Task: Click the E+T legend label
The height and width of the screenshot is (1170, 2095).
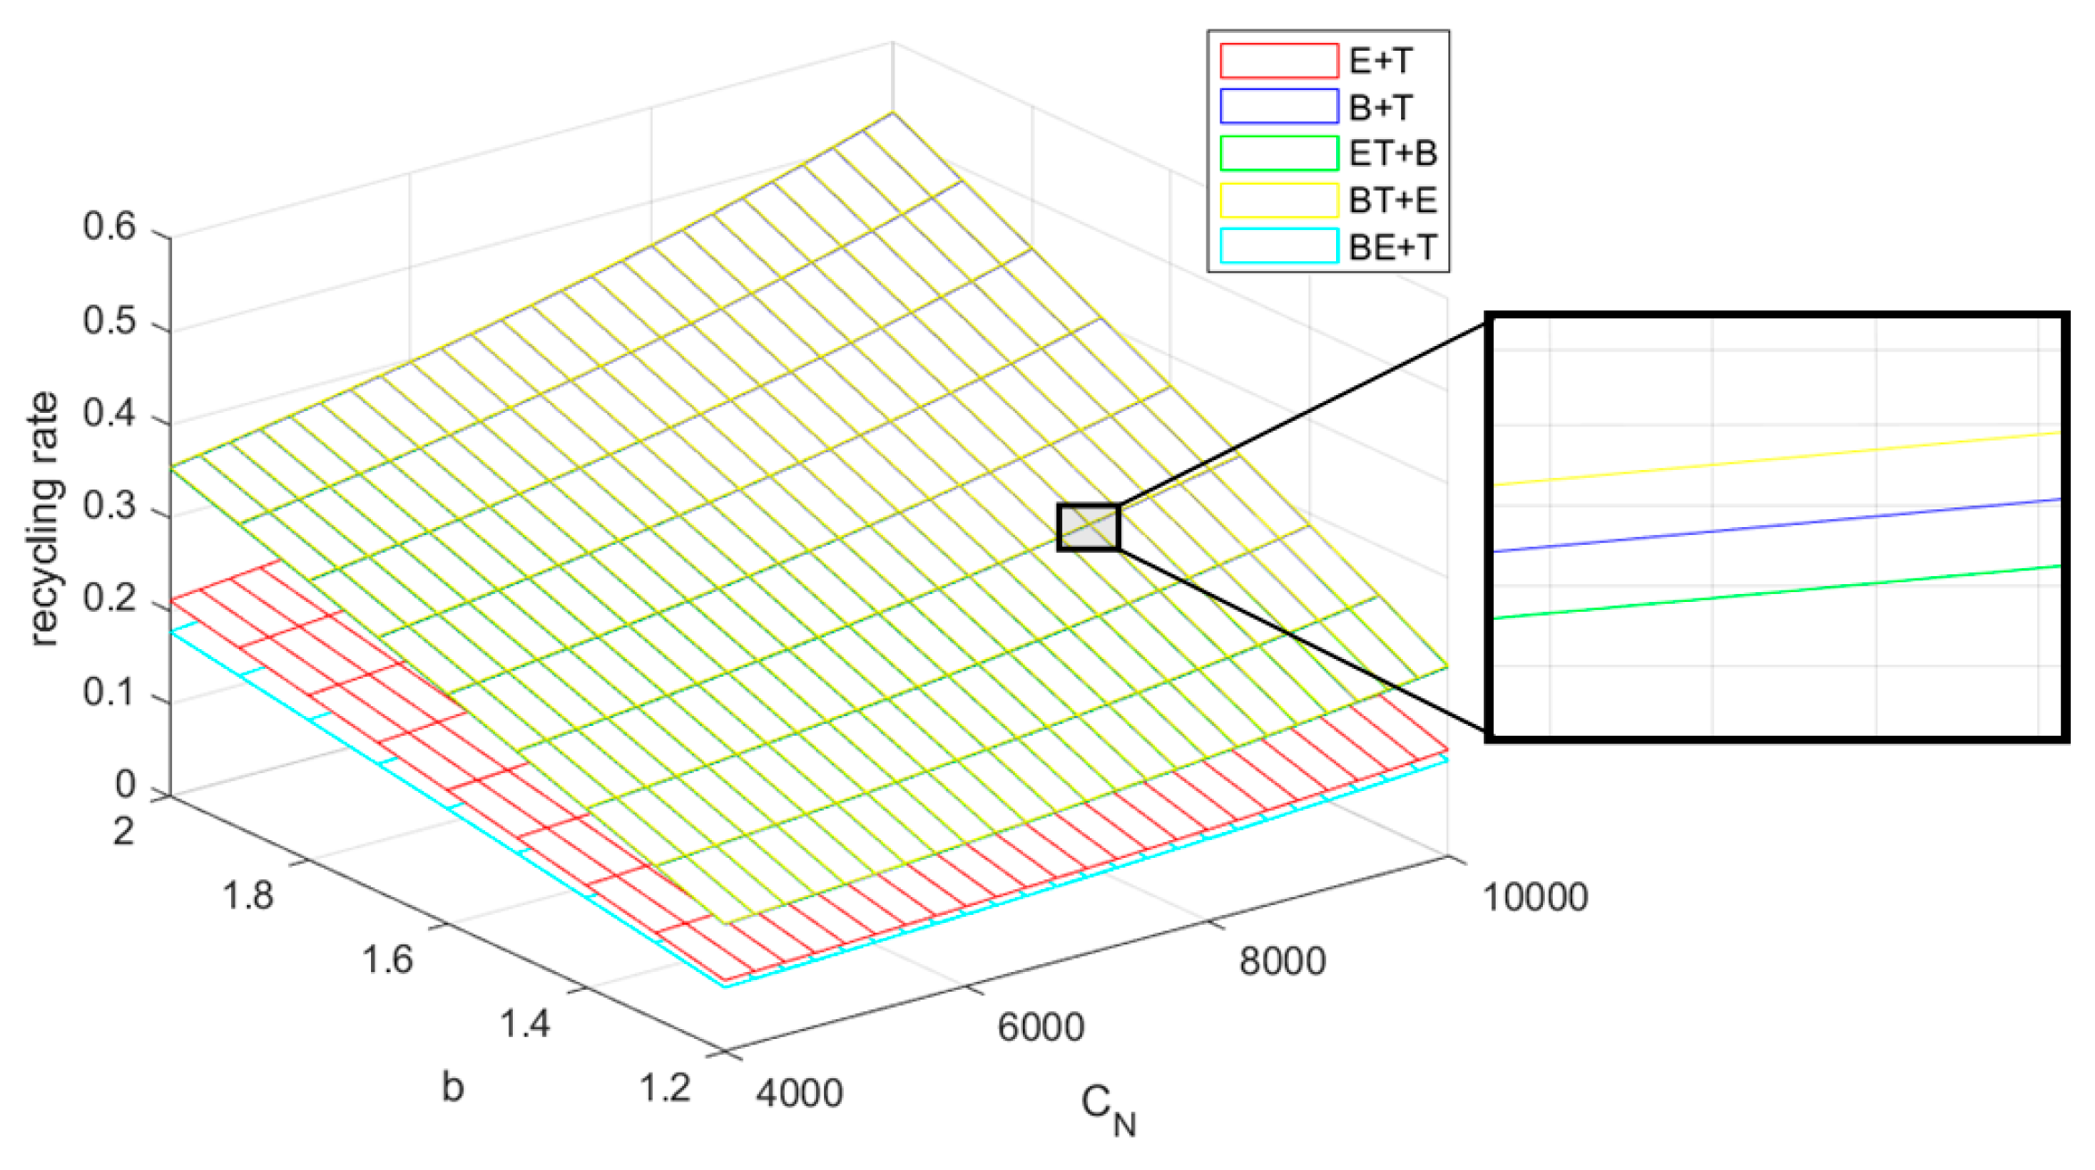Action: (1381, 61)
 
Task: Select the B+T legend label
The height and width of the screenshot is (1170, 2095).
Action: (1381, 107)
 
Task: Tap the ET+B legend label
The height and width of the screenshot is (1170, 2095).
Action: (1392, 153)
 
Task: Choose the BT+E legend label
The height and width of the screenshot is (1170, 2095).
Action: (1392, 200)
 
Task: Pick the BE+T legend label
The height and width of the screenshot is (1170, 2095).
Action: (1392, 246)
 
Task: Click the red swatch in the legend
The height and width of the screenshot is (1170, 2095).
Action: (1279, 61)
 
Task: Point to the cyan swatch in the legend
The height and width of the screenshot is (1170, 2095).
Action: (1279, 246)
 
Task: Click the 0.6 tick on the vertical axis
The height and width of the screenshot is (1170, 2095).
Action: (109, 227)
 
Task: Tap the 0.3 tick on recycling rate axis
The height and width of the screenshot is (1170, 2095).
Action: (109, 506)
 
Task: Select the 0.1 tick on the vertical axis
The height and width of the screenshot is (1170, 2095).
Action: (109, 692)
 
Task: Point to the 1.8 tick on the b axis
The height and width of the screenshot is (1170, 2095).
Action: (247, 894)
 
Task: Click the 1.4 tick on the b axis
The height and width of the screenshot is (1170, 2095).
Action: (524, 1023)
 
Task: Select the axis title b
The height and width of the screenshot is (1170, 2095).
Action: (452, 1087)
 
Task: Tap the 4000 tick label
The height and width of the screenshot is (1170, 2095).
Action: (799, 1093)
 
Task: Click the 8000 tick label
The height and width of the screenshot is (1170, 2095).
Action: (1282, 961)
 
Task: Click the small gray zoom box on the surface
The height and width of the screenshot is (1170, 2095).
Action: (1088, 527)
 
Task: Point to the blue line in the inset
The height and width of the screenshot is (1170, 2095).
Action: (1775, 526)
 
